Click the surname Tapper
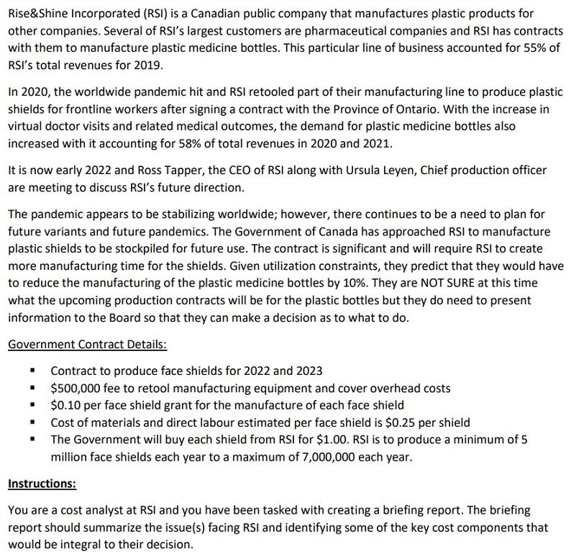172,171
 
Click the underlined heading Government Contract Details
87,344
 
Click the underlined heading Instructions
42,484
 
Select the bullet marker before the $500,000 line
32,389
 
